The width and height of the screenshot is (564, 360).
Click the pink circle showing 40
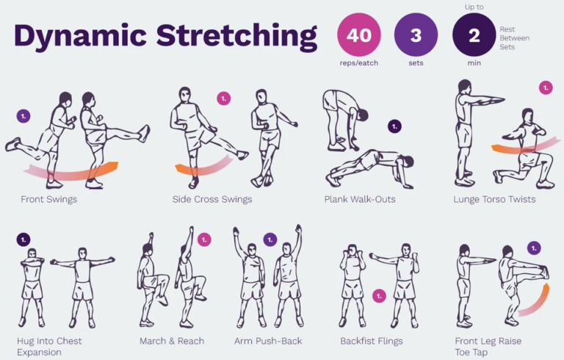[x=358, y=35]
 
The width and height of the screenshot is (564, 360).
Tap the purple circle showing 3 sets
[x=416, y=35]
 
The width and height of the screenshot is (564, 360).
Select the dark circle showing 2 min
[x=474, y=35]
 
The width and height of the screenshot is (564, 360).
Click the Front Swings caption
[x=48, y=199]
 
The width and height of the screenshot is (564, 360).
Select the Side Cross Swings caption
[x=212, y=199]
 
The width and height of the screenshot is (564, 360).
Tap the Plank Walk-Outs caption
[x=361, y=199]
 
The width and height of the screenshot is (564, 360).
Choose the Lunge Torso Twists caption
[x=495, y=199]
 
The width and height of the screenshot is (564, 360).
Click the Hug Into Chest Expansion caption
[x=49, y=347]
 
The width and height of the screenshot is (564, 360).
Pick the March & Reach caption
[x=172, y=341]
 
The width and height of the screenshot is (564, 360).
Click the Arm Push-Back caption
[x=268, y=341]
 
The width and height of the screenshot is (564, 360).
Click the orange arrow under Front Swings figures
[x=73, y=170]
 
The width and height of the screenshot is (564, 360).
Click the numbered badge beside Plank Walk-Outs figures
[x=394, y=126]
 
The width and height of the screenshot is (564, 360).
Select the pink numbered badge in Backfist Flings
[x=379, y=296]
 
